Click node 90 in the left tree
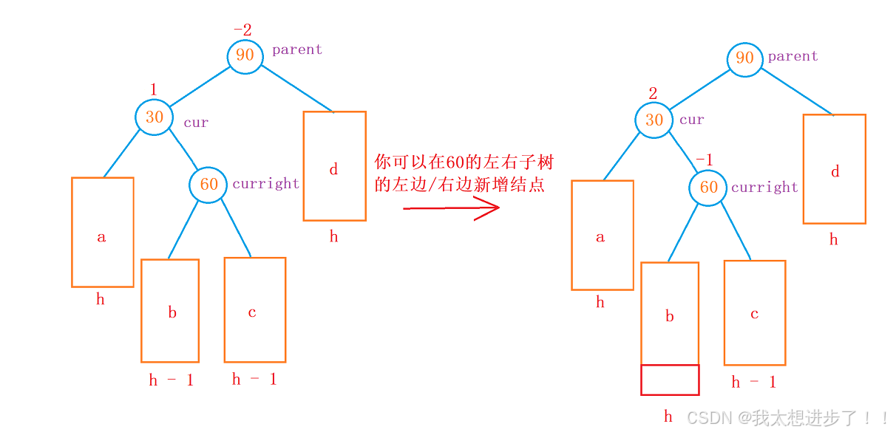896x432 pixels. [245, 55]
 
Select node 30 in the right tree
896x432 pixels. [654, 119]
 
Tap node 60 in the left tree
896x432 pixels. [209, 184]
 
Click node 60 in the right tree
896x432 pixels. [708, 187]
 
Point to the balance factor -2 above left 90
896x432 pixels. [242, 30]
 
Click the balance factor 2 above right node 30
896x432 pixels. [653, 93]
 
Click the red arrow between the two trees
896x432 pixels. [452, 208]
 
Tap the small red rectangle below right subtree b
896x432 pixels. [670, 380]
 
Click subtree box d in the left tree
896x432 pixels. [334, 166]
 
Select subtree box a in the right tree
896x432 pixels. [602, 235]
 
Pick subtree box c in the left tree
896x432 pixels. [254, 309]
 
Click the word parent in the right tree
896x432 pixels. [793, 57]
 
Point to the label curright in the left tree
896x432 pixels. [266, 184]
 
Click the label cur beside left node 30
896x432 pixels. [196, 123]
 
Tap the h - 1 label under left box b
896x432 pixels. [171, 380]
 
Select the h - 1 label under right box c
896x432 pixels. [753, 382]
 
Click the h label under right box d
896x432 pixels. [833, 239]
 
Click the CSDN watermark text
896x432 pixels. [787, 418]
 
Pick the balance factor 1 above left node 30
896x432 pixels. [153, 89]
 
